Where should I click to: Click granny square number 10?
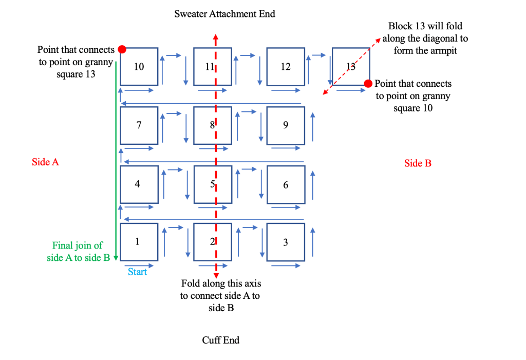click(139, 66)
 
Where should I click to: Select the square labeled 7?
click(139, 125)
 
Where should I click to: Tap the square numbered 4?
click(139, 184)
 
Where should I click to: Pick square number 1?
click(139, 242)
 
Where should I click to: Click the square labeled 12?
click(286, 66)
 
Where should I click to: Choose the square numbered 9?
click(286, 125)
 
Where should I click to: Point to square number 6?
click(286, 184)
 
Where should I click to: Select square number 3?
click(286, 242)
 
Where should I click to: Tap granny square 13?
click(351, 66)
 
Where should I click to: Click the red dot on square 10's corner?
click(122, 49)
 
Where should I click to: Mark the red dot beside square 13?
click(368, 84)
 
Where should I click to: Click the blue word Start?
click(137, 272)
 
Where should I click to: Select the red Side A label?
click(45, 162)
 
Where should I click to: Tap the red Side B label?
click(418, 163)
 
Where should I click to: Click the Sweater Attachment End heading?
click(224, 14)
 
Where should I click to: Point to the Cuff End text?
click(220, 340)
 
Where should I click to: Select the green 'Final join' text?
click(78, 252)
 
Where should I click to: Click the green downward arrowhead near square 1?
click(116, 258)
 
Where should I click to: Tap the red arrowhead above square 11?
click(215, 37)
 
